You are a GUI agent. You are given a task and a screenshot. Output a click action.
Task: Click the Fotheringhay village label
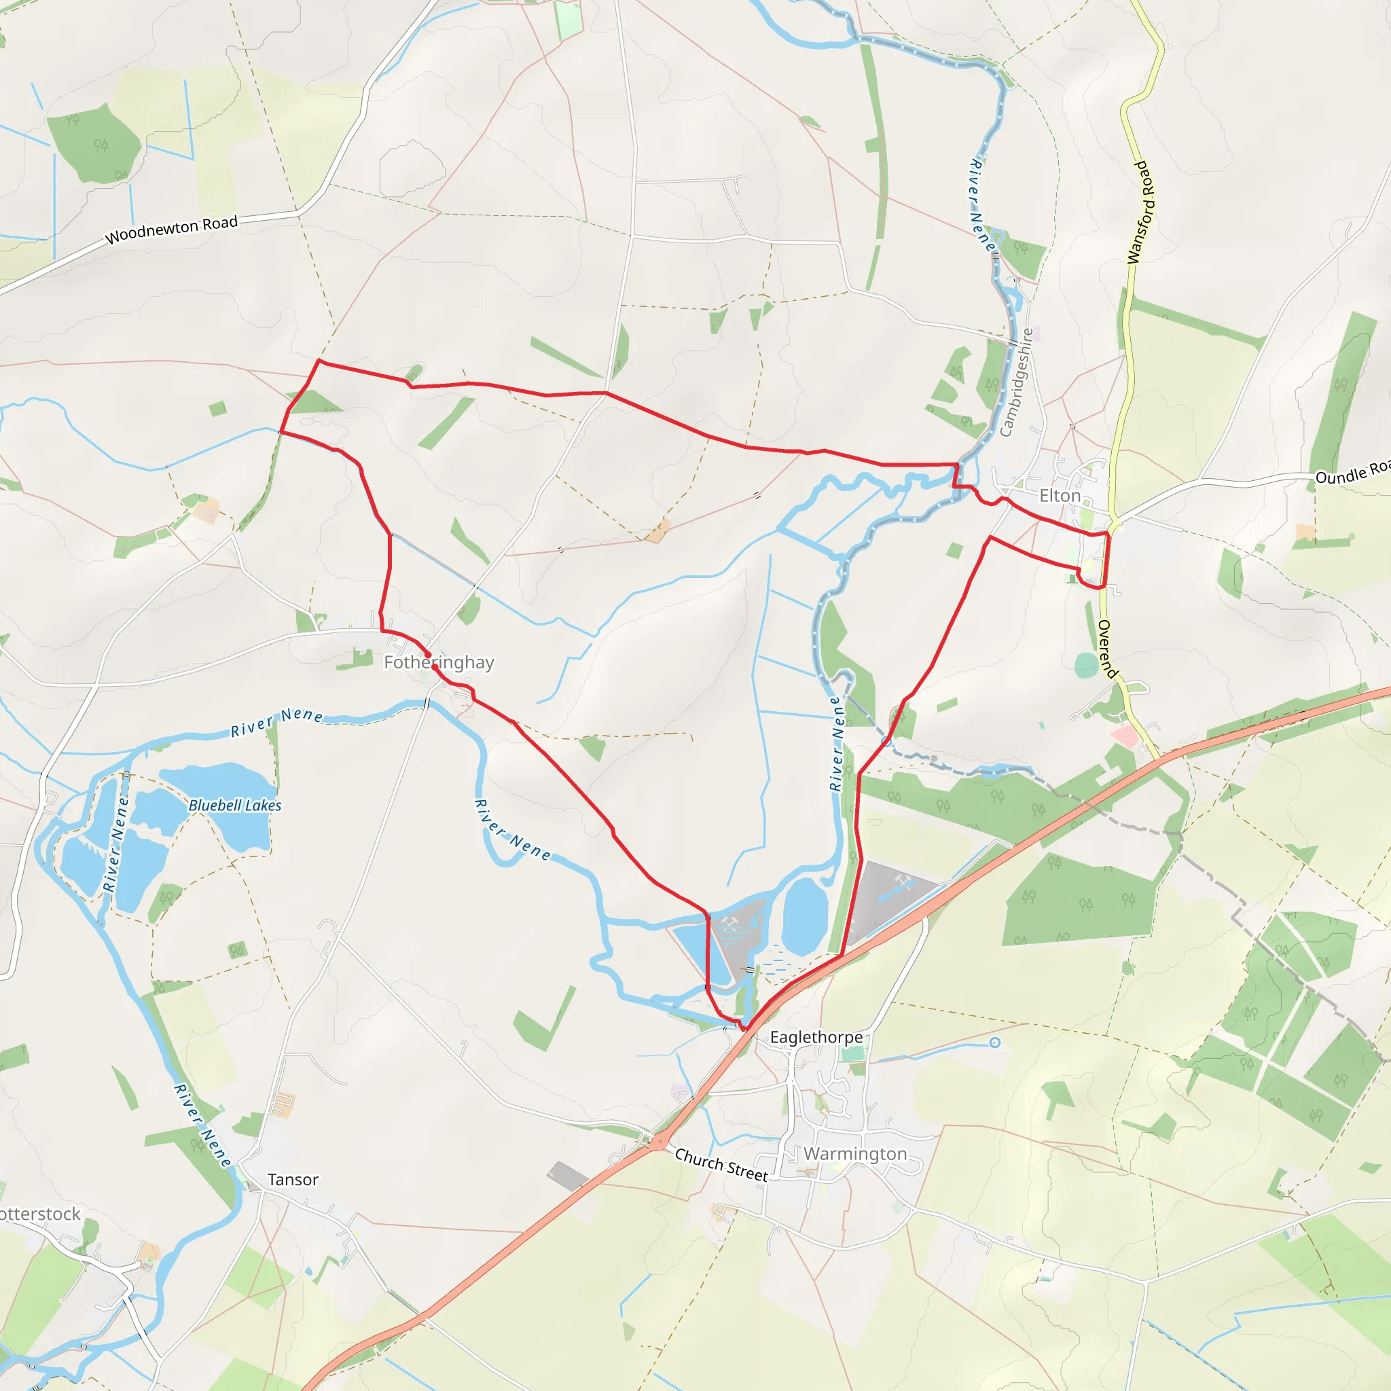(x=439, y=662)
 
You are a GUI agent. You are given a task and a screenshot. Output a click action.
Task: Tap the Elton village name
(x=1060, y=496)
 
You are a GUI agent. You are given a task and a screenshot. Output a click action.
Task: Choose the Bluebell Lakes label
(x=235, y=806)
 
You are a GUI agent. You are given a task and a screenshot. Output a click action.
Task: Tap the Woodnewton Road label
(x=171, y=230)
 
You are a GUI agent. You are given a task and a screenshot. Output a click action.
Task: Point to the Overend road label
(x=1107, y=649)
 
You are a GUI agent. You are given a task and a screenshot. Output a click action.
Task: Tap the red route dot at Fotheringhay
(x=429, y=655)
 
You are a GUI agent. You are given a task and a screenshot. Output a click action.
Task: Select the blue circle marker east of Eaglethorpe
(x=994, y=1043)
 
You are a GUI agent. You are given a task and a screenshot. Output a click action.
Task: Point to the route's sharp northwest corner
(x=319, y=361)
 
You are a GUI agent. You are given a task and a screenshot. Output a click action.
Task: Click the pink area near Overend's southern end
(x=1125, y=736)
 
